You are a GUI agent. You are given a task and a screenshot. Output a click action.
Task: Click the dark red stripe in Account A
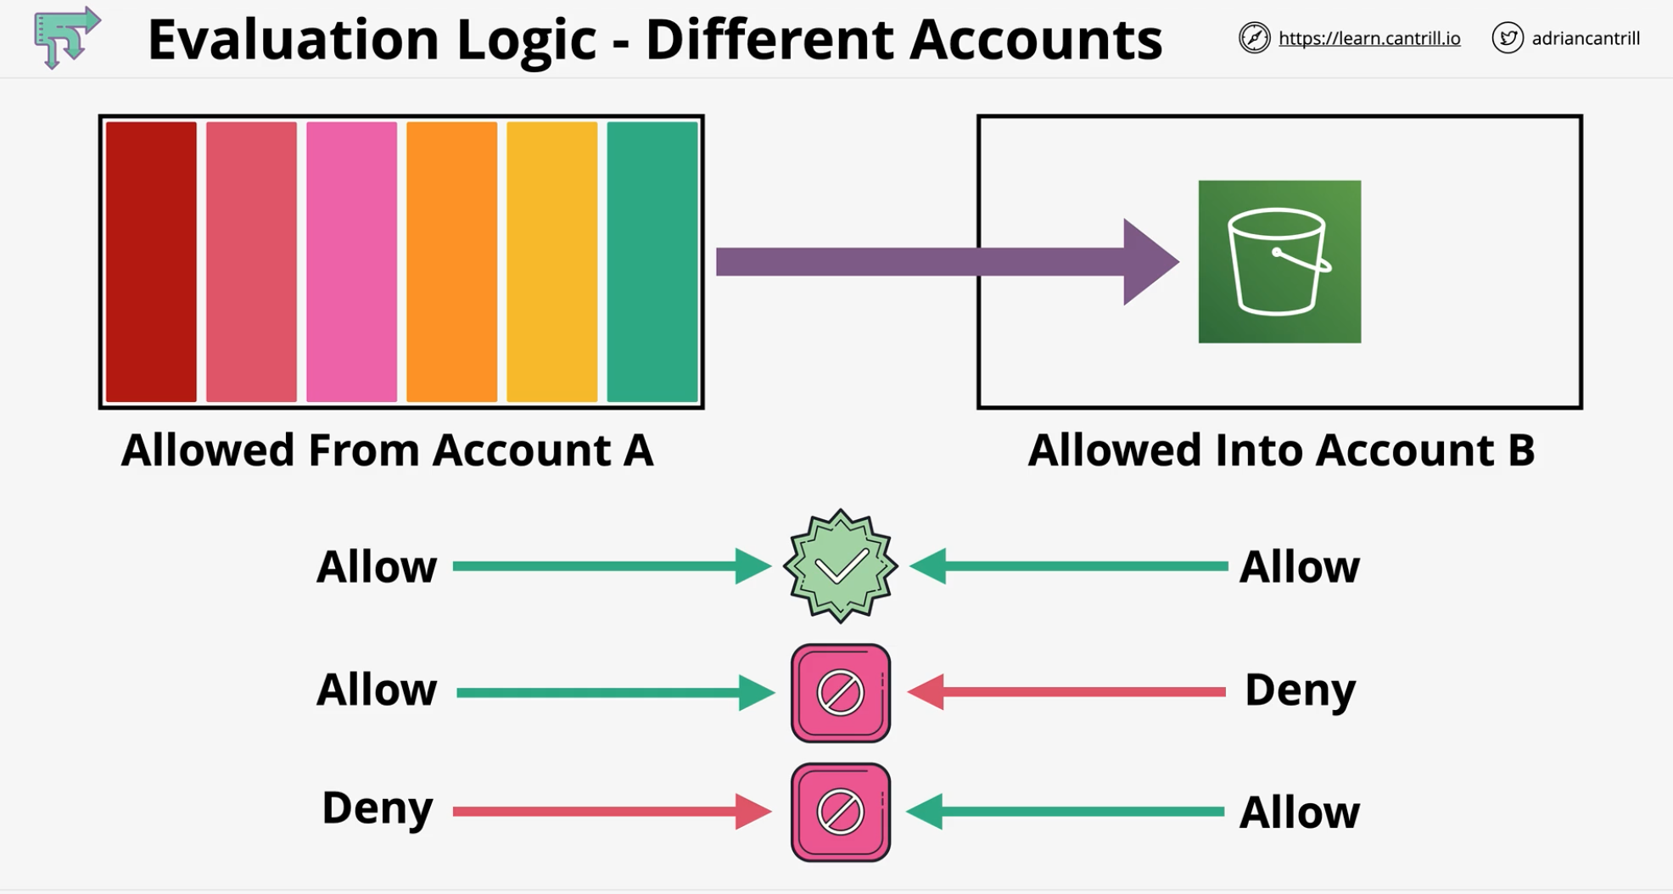[x=151, y=261]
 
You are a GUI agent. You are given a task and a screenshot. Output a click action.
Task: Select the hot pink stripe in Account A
[x=351, y=261]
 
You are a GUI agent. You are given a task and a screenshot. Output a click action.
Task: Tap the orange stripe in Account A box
[x=451, y=261]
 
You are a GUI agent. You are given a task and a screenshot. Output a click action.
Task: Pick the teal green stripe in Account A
[x=652, y=261]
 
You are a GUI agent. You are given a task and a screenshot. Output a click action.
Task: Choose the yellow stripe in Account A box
[x=551, y=261]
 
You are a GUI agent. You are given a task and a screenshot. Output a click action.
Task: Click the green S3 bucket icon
[x=1279, y=261]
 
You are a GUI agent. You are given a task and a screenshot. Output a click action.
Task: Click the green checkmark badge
[x=840, y=566]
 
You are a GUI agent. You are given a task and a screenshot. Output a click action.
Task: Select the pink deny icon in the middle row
[x=840, y=692]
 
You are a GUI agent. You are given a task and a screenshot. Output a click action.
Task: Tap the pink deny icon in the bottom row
[x=840, y=812]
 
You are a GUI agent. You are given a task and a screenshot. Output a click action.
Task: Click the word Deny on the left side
[x=377, y=807]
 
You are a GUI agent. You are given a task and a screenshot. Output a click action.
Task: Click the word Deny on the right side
[x=1299, y=690]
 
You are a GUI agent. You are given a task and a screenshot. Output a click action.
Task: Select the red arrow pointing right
[x=611, y=812]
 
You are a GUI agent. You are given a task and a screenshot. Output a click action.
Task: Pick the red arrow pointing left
[x=1067, y=692]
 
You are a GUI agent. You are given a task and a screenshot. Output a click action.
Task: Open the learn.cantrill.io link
[x=1368, y=38]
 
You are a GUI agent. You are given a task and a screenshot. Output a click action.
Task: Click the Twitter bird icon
[x=1507, y=38]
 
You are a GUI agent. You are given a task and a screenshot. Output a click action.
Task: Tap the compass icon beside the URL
[x=1254, y=38]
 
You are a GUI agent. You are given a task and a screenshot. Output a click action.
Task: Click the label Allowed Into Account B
[x=1280, y=450]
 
